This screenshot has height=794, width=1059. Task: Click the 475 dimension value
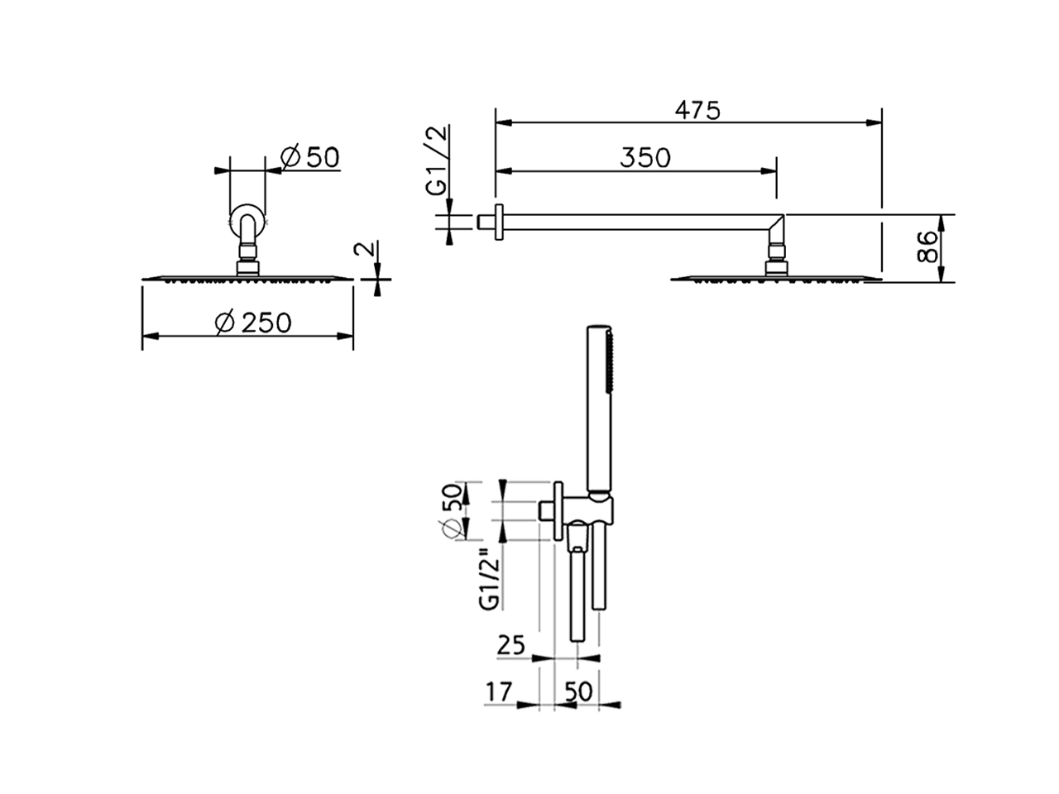click(x=697, y=109)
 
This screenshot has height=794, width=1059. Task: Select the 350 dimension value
click(x=645, y=157)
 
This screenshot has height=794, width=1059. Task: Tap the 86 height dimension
click(x=931, y=247)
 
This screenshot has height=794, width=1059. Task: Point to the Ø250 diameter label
click(x=252, y=322)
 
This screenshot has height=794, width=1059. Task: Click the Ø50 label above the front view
click(x=309, y=156)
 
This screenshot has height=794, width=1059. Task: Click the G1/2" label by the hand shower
click(x=490, y=579)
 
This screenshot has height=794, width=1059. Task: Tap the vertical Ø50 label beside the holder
click(x=453, y=511)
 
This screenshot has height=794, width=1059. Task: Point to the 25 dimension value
click(x=511, y=644)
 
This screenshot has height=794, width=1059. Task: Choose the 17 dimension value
click(x=499, y=691)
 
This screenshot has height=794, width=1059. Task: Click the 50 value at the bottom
click(x=578, y=691)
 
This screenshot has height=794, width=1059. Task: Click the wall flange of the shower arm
click(x=498, y=222)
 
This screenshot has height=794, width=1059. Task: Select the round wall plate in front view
click(x=247, y=221)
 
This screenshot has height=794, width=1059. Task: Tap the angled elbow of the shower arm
click(x=777, y=226)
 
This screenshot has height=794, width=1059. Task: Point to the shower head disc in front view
click(x=248, y=279)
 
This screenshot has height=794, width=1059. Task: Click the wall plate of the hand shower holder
click(x=559, y=511)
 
